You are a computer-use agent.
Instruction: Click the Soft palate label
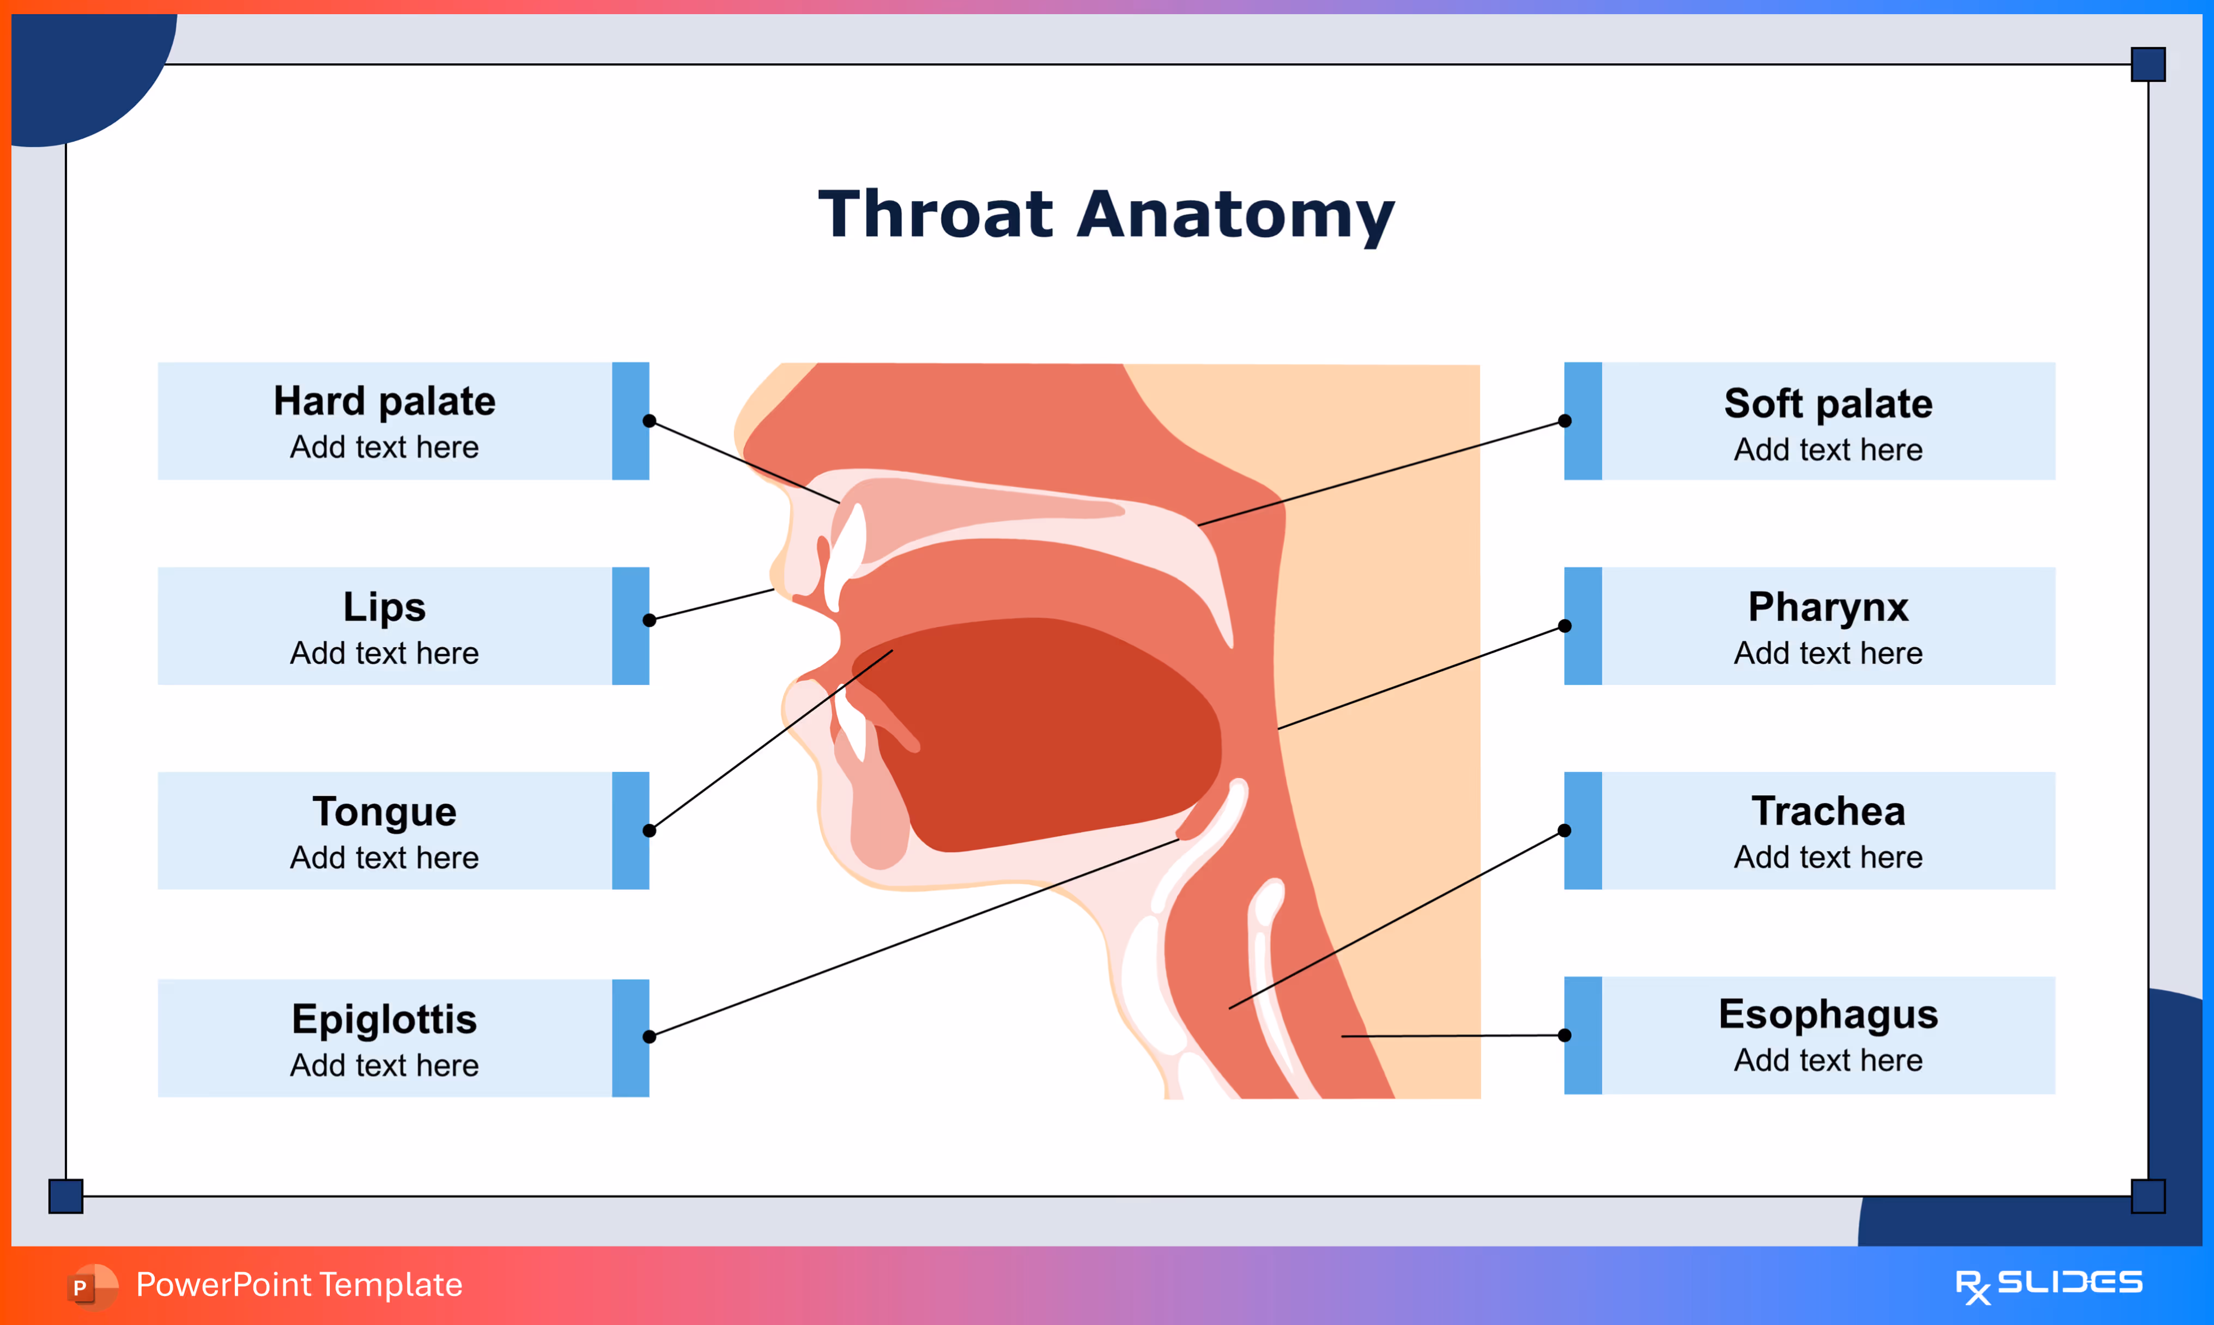[1828, 404]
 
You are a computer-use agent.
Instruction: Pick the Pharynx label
[1828, 607]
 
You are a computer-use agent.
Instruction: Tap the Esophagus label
[1828, 1015]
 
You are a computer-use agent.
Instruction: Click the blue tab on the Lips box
[630, 626]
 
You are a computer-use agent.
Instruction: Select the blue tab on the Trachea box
[1583, 830]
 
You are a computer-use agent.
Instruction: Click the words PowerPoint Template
[299, 1285]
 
